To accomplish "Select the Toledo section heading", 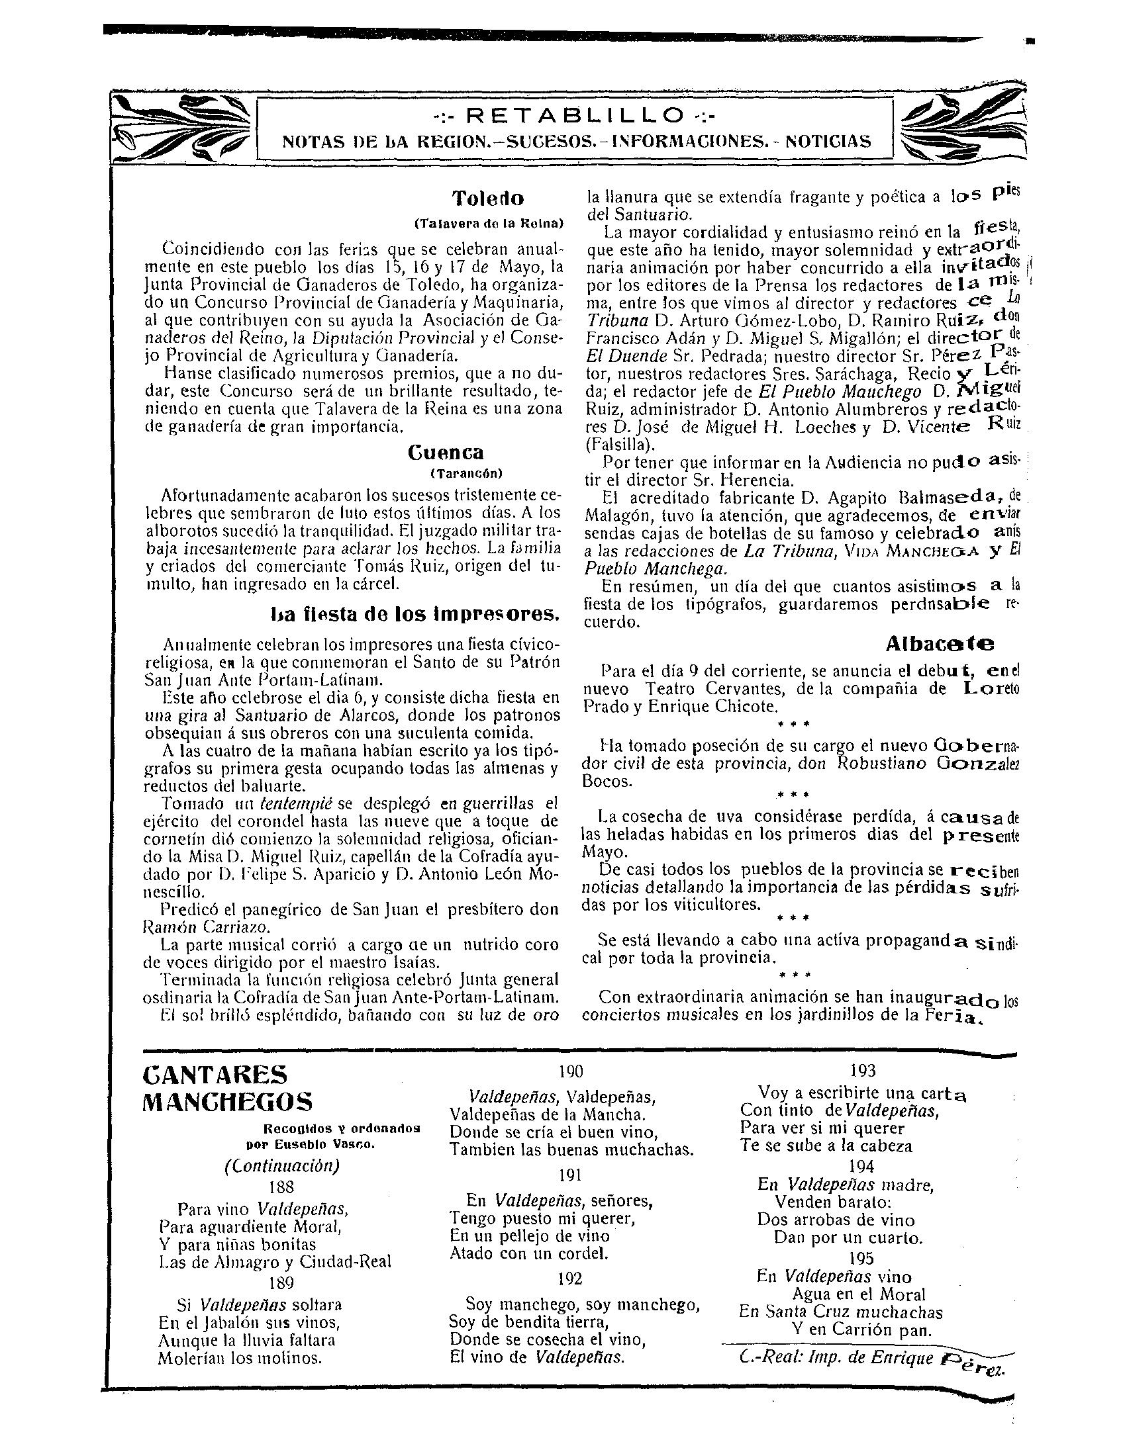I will coord(488,198).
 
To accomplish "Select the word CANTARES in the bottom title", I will coord(215,1074).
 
